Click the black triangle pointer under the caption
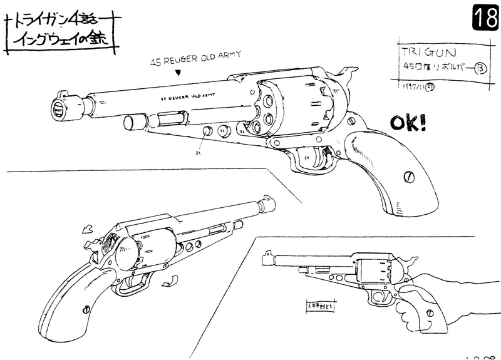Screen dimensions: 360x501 click(179, 74)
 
